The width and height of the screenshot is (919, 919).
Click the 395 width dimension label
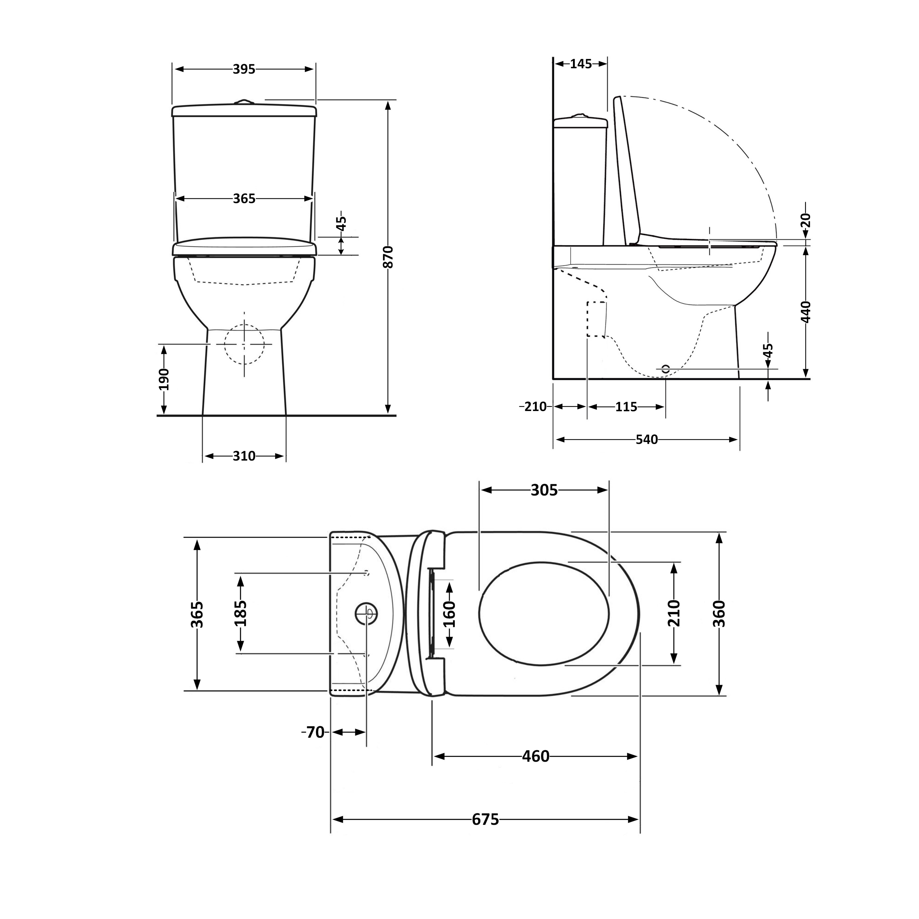[244, 69]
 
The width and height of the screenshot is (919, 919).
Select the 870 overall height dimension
[389, 257]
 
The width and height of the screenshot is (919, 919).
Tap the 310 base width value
[244, 456]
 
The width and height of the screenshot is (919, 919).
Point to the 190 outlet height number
[164, 379]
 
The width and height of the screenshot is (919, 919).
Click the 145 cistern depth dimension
[581, 64]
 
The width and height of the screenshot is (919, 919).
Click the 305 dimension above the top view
[544, 490]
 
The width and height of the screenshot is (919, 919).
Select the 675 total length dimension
[485, 819]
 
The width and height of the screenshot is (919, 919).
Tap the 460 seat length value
[536, 756]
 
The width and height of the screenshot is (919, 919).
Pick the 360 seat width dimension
[719, 614]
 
